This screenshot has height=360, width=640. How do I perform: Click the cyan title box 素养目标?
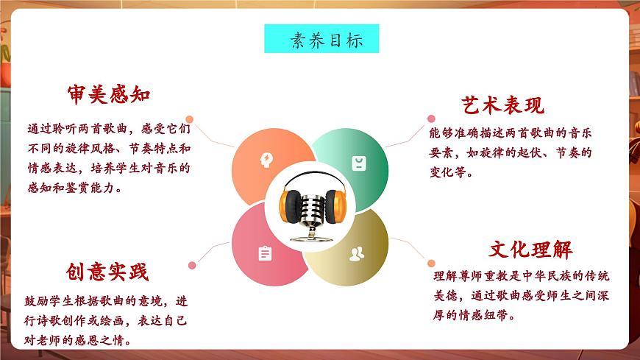click(321, 40)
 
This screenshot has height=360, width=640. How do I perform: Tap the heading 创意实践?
click(107, 272)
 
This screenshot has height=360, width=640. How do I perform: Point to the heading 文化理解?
click(531, 249)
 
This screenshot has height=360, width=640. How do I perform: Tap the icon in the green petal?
click(358, 163)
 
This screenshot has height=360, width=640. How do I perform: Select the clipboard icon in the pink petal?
click(265, 253)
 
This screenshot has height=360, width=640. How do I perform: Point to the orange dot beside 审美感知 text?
click(190, 119)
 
